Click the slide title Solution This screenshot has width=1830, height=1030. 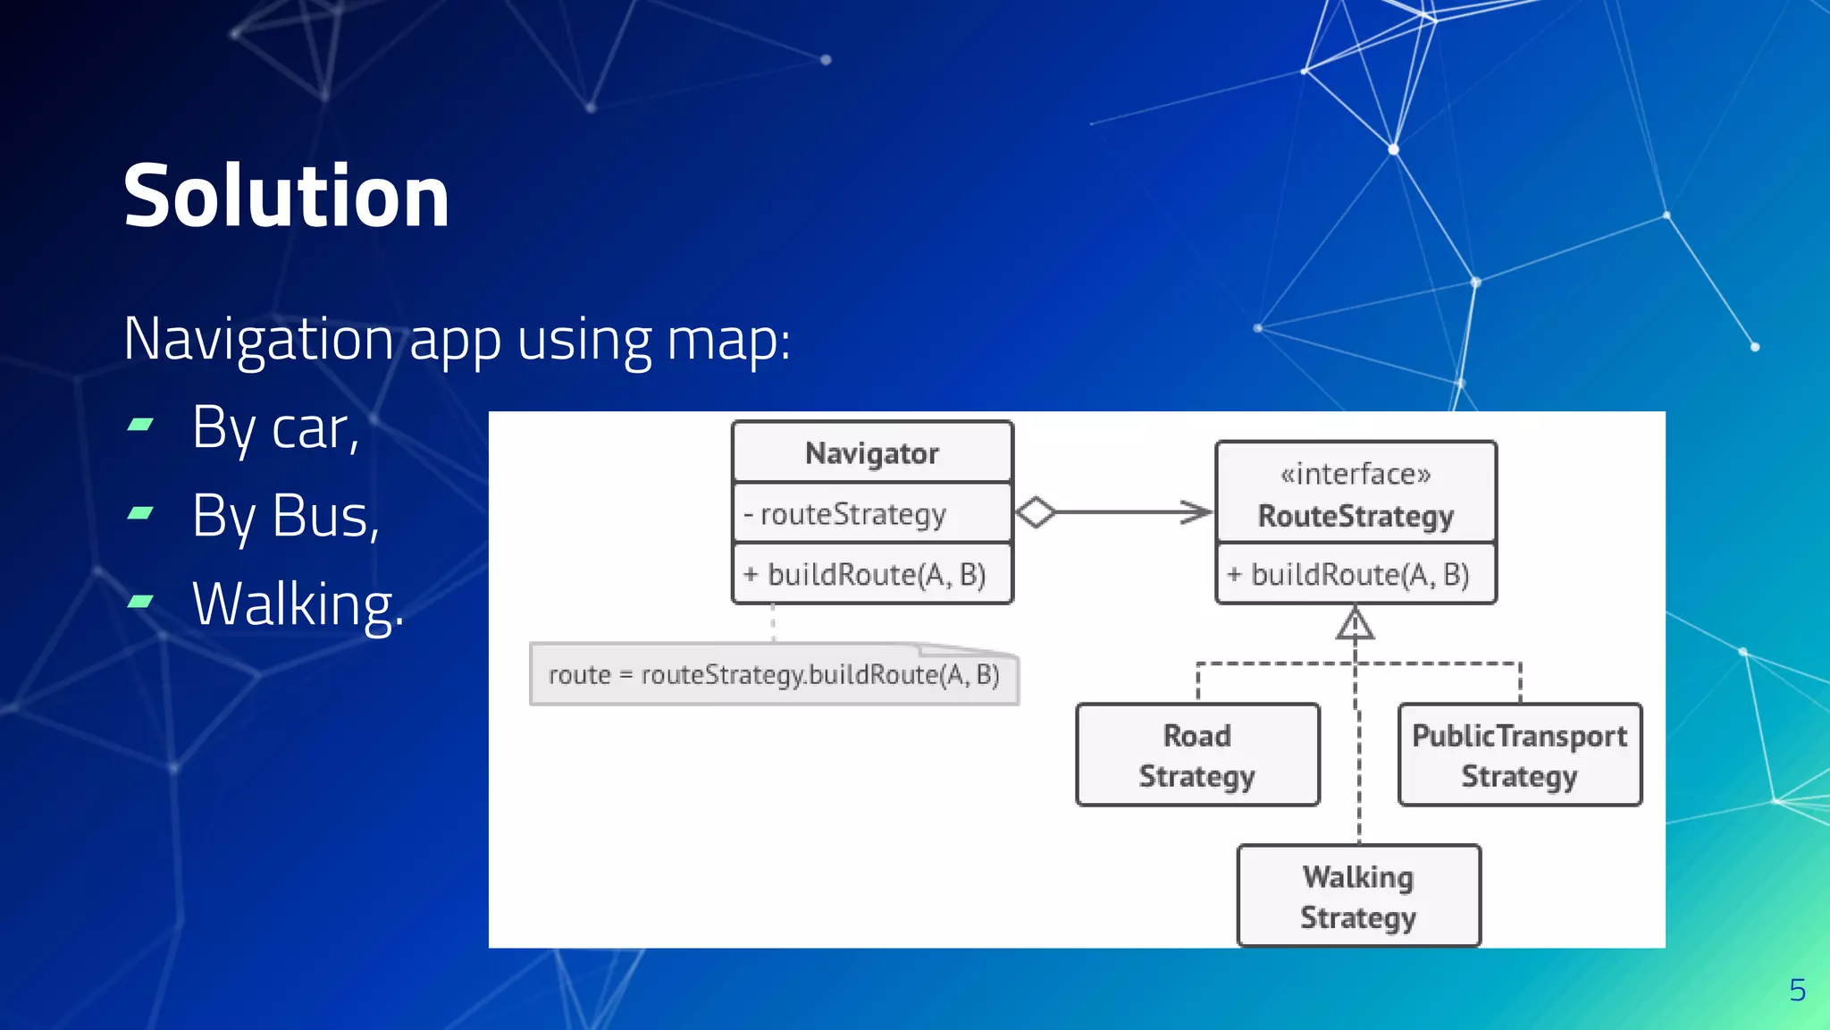coord(286,197)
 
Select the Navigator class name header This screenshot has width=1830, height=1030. coord(872,453)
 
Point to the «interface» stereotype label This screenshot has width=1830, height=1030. coord(1356,474)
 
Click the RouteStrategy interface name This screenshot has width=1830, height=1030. coord(1356,516)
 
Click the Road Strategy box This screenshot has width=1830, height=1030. coord(1197,756)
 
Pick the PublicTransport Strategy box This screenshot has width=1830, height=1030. coord(1519,756)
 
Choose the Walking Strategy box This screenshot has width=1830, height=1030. coord(1358,896)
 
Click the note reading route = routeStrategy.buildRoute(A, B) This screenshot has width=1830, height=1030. coord(774,675)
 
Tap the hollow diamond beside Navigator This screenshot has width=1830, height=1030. coord(1036,512)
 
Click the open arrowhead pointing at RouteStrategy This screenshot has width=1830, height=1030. coord(1197,512)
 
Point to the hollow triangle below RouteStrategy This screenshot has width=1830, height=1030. coord(1355,623)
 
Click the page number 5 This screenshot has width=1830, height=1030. coord(1797,990)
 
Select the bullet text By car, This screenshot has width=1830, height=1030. coord(275,428)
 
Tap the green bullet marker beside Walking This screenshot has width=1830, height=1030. coord(140,602)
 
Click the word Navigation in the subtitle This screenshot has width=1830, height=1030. coord(258,340)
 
